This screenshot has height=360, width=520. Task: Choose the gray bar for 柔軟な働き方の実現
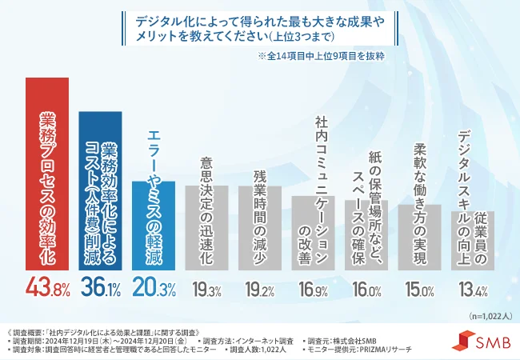point(419,237)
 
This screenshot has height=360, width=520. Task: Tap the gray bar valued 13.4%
point(472,240)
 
